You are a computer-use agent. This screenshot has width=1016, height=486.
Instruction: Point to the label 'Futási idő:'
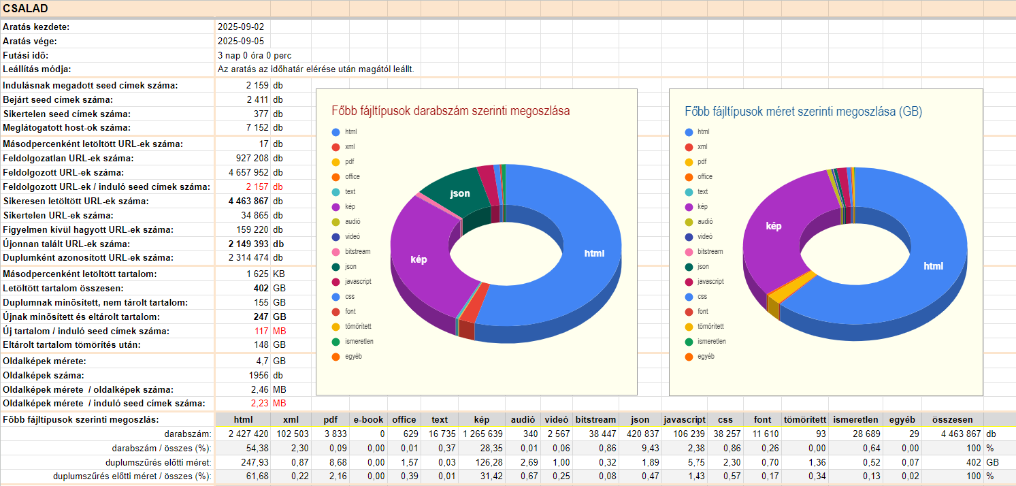coord(26,55)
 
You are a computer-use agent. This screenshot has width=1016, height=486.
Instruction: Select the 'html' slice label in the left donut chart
coord(594,253)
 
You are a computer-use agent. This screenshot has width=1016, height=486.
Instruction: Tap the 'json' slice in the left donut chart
coord(460,193)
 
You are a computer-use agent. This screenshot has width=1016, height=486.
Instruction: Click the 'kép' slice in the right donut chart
coord(774,226)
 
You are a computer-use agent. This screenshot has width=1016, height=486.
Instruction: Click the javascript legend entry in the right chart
coord(710,281)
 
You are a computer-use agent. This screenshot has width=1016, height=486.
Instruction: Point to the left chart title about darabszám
coord(450,110)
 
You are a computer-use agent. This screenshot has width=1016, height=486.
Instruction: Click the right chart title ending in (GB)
coord(803,110)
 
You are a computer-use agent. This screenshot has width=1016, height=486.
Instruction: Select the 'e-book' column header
coord(368,420)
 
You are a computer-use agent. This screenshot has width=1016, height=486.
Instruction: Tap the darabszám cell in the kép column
coord(482,434)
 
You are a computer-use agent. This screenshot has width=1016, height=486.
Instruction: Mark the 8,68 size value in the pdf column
coord(330,462)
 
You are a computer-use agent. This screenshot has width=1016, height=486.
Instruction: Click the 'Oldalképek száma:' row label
coord(44,375)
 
